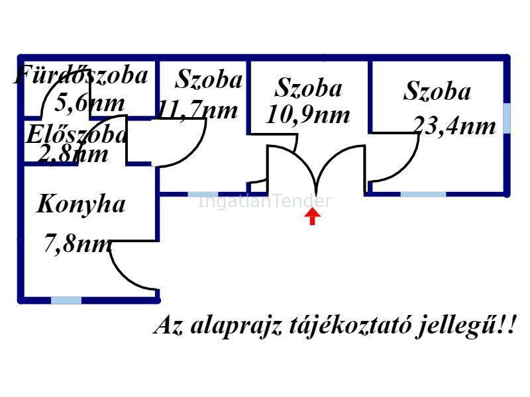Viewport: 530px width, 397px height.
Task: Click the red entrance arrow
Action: click(312, 216)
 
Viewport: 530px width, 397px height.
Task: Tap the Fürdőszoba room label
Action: click(81, 74)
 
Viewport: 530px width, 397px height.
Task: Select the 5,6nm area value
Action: click(89, 103)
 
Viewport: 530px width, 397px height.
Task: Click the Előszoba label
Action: click(76, 134)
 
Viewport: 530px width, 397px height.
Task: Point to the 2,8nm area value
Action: click(73, 154)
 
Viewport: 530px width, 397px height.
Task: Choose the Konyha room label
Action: click(81, 204)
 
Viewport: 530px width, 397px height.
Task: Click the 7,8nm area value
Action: click(78, 243)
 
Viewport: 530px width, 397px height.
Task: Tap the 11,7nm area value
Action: click(197, 110)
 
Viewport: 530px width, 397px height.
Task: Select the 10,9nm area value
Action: click(308, 115)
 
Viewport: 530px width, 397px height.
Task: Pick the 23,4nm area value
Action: click(454, 126)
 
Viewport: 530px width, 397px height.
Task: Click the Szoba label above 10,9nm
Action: click(308, 88)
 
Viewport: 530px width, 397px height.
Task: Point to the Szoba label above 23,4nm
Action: click(437, 91)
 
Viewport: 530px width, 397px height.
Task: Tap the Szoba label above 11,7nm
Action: click(209, 79)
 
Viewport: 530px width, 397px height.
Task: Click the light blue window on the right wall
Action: click(507, 118)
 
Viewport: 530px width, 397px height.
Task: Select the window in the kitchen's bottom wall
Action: click(66, 300)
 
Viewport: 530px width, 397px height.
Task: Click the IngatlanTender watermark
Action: click(264, 201)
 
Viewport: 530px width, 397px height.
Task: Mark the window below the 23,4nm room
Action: click(423, 195)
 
